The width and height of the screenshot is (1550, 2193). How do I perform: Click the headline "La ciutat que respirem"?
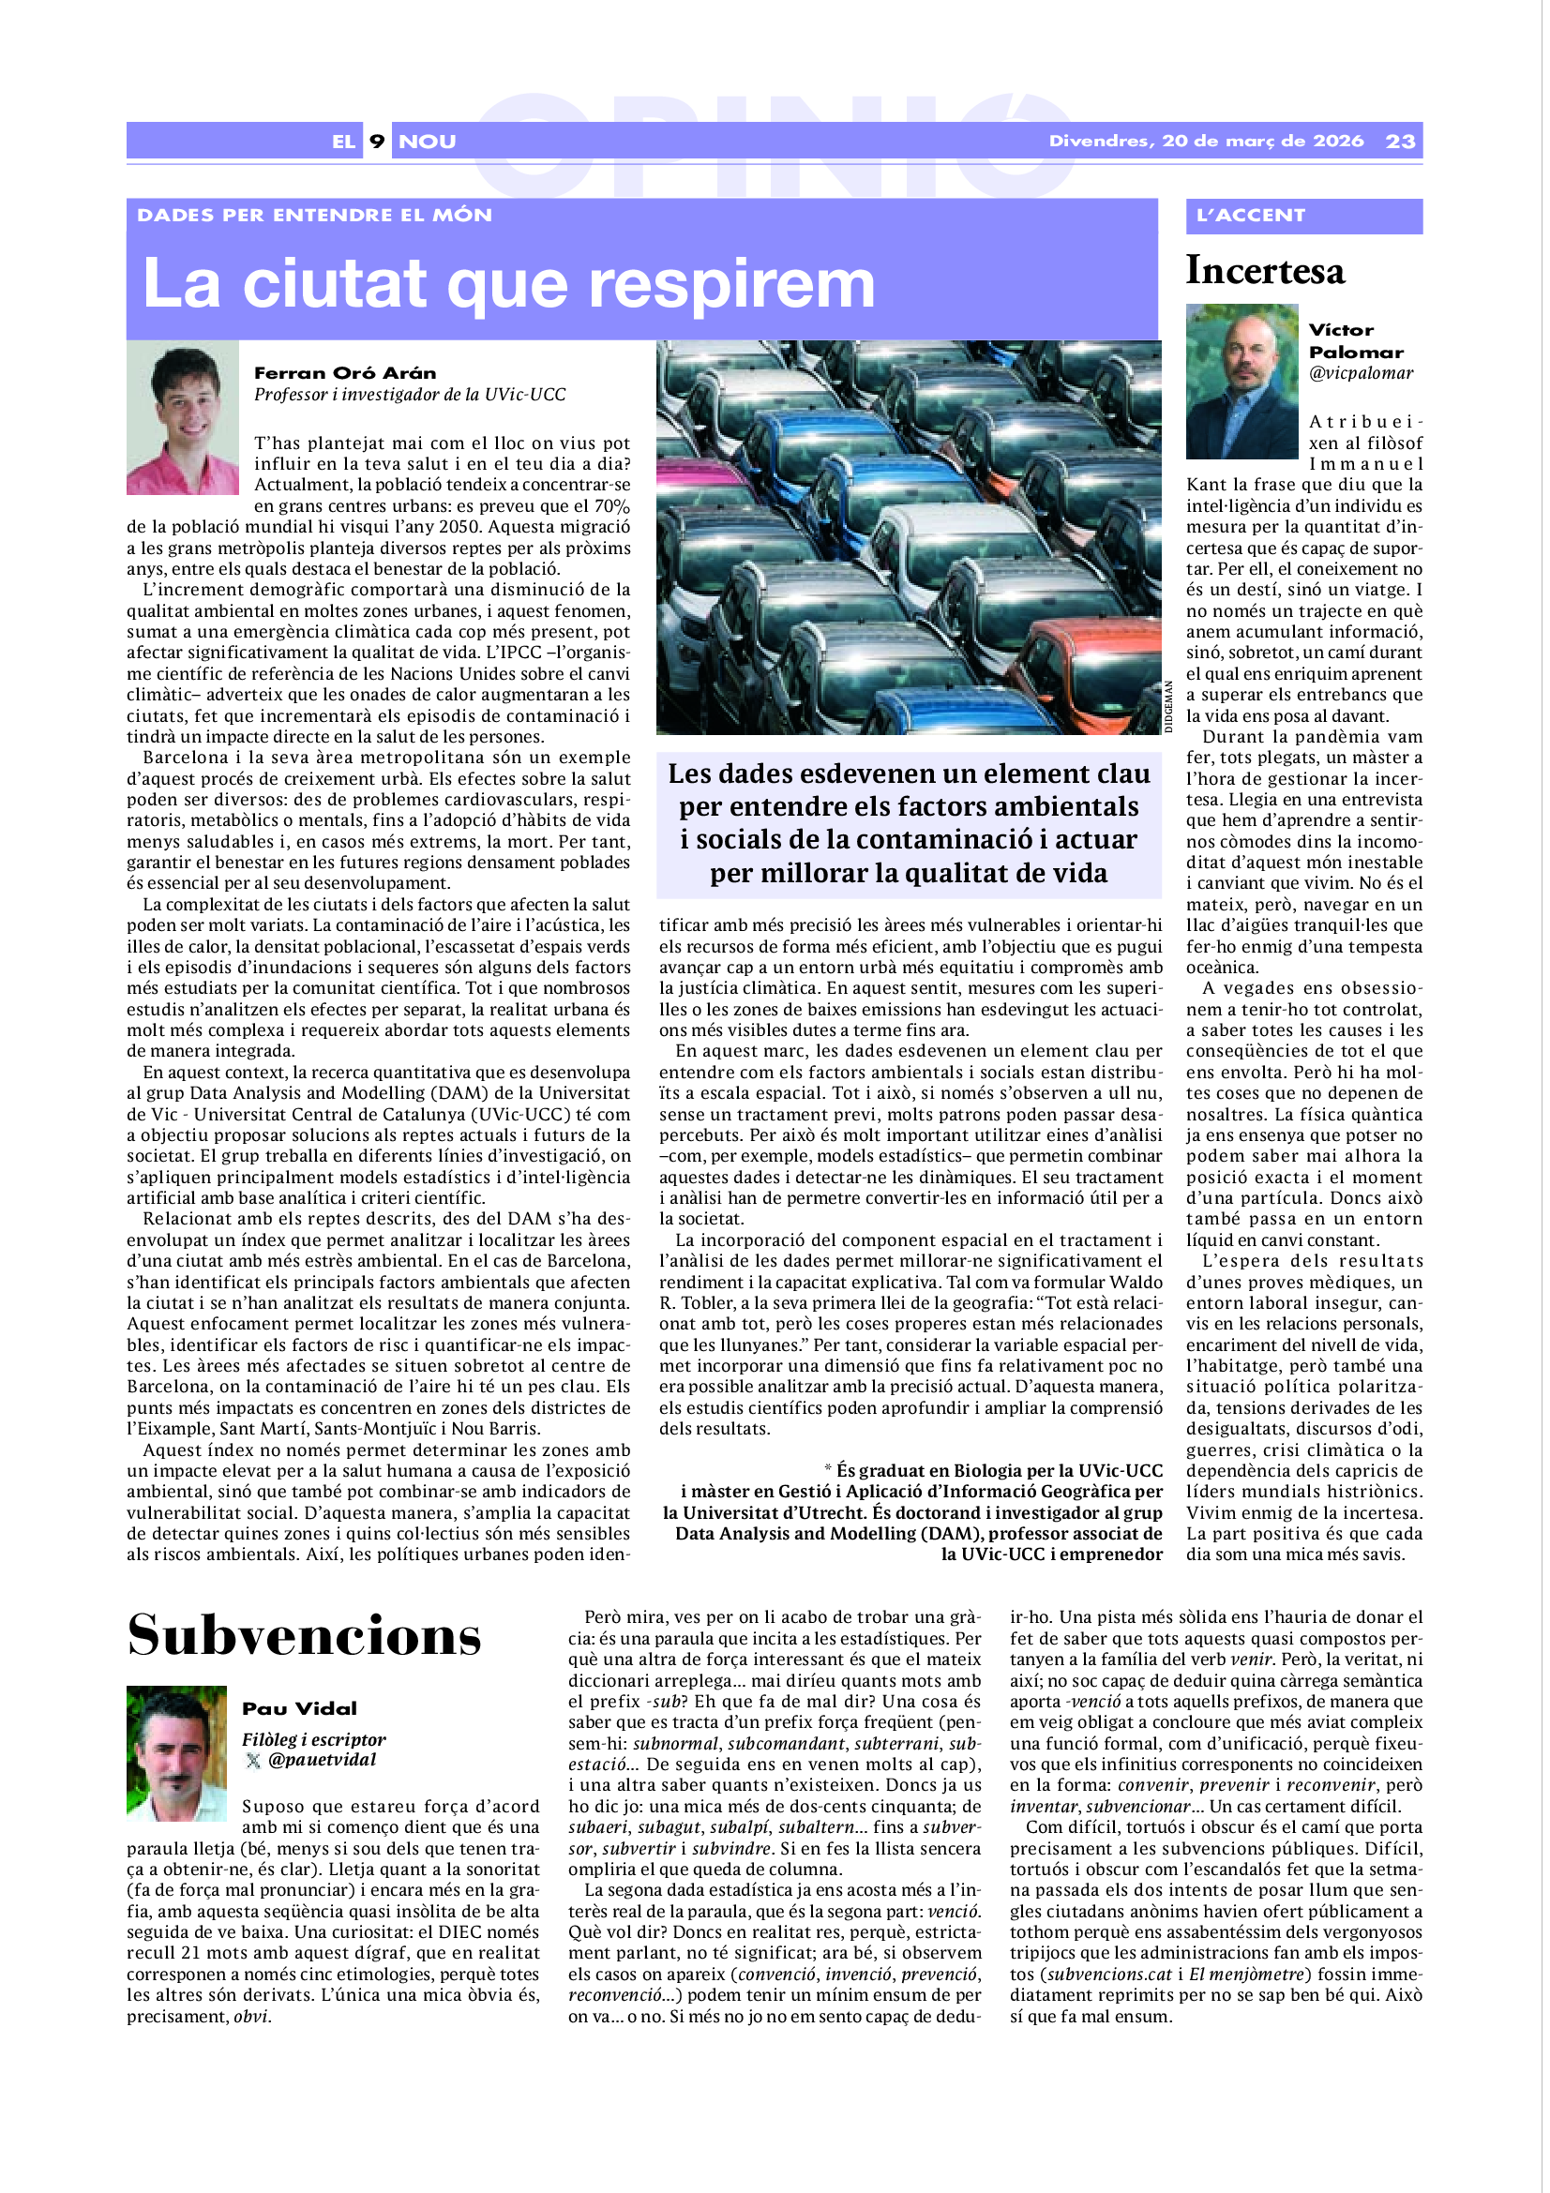(508, 284)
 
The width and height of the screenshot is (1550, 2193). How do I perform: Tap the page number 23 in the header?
(1400, 142)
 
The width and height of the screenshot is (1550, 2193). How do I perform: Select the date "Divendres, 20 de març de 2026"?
(1205, 142)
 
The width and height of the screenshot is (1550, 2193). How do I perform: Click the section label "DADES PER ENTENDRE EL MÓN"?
(314, 215)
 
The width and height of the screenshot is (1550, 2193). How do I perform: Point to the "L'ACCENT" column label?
(1250, 215)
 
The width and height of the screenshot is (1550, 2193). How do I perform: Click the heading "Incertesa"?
(1264, 270)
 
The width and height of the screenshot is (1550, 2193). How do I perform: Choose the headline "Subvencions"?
(304, 1635)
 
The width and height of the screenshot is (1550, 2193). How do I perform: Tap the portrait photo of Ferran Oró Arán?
(183, 417)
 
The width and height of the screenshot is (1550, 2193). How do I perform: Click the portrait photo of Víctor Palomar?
(1242, 381)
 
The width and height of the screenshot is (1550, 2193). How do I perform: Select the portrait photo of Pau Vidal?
(176, 1753)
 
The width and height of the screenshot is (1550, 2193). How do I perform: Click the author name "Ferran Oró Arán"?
(345, 372)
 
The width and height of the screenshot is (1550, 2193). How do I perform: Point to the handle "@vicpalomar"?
(1360, 373)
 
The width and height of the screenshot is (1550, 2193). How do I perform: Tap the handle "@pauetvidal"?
(322, 1759)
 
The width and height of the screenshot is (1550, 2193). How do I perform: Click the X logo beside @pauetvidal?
(253, 1761)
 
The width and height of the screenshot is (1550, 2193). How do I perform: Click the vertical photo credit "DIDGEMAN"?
(1168, 707)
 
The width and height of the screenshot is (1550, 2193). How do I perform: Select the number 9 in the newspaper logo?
(377, 142)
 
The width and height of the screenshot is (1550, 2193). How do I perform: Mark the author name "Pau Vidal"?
(299, 1707)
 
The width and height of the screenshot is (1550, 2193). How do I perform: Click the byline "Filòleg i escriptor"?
(313, 1739)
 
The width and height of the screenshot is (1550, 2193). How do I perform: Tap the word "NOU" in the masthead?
(427, 142)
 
